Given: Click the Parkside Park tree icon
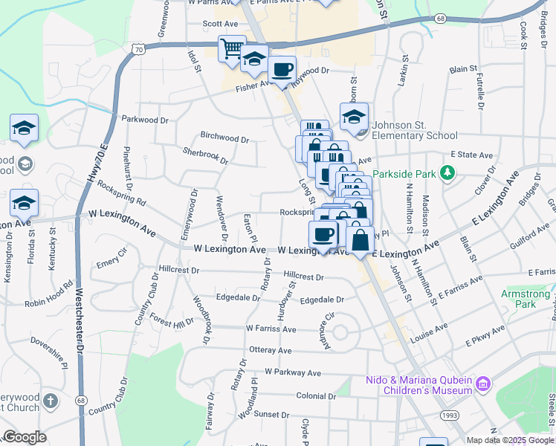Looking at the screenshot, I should [x=447, y=174].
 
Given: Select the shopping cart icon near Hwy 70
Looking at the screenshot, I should [x=232, y=49].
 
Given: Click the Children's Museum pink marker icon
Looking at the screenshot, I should [x=483, y=384].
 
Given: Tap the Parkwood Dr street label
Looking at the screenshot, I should [x=146, y=119].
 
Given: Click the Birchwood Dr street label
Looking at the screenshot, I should [x=224, y=138].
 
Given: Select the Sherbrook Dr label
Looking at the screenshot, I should [x=205, y=155].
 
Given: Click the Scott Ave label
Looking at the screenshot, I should [x=220, y=24].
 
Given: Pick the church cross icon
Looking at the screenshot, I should [x=50, y=402].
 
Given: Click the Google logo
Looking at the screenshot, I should [x=24, y=437].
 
